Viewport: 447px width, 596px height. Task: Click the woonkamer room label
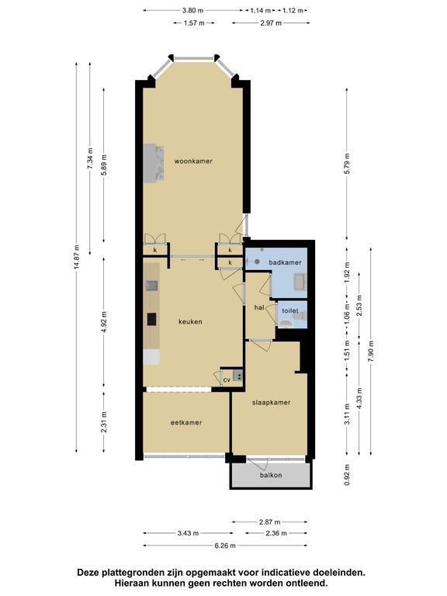tap(193, 161)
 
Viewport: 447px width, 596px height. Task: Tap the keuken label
tap(190, 321)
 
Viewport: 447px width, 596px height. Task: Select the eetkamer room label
tap(186, 422)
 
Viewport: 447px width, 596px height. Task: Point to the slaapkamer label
tap(271, 402)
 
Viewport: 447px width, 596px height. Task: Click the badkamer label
tap(285, 262)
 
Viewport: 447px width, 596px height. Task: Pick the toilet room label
tap(290, 310)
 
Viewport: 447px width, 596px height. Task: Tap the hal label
tap(259, 307)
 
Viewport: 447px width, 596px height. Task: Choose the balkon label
tap(271, 475)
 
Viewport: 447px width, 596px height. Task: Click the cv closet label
tap(227, 379)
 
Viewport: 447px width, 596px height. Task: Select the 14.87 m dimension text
tap(77, 258)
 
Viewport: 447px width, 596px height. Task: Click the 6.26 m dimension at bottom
tap(225, 546)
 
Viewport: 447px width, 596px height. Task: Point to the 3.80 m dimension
tap(193, 10)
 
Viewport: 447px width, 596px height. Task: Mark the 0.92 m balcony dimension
tap(347, 475)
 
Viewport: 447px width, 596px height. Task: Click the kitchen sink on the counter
tap(151, 285)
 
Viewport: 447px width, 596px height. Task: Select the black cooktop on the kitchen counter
tap(151, 319)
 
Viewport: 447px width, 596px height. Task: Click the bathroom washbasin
tap(300, 281)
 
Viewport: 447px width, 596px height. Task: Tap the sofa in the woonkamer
tap(154, 162)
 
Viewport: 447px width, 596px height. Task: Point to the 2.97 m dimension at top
tap(271, 23)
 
